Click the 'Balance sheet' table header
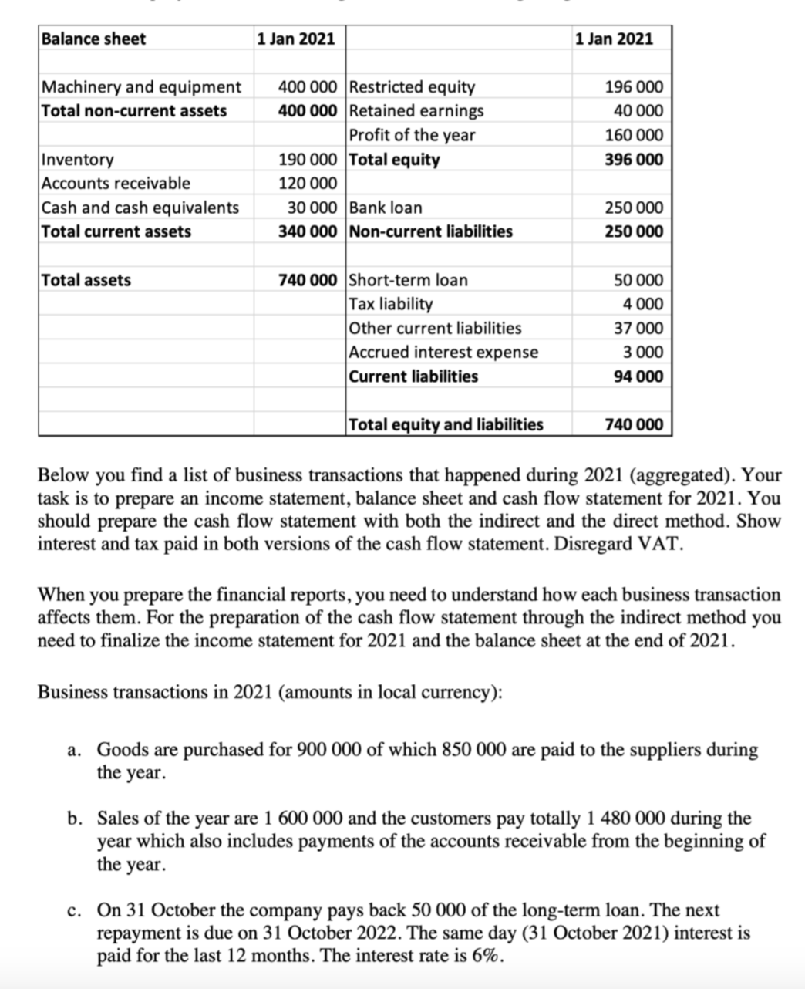93,39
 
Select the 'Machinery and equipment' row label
141,86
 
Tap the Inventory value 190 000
307,160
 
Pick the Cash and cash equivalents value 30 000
312,208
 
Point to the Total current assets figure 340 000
307,231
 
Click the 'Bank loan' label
386,208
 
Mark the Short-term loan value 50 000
638,280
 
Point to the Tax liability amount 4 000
644,304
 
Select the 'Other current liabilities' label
435,328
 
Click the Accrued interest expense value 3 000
644,352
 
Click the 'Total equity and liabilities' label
446,424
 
